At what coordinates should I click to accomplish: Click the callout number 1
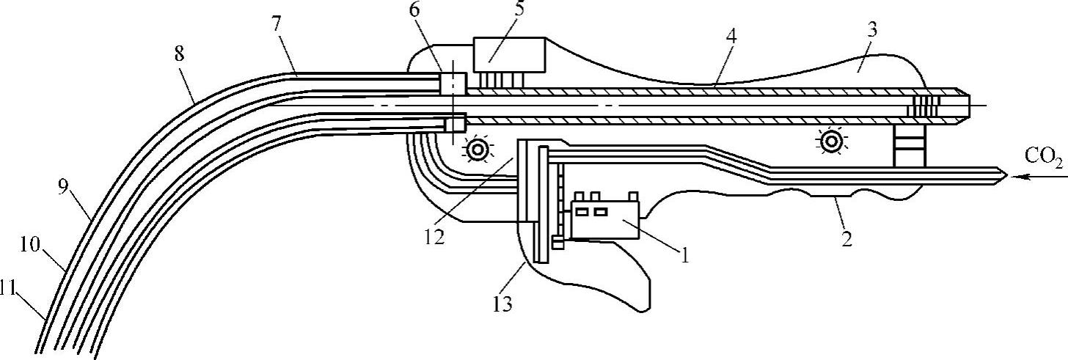click(x=684, y=256)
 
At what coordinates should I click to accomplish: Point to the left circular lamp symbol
click(x=478, y=150)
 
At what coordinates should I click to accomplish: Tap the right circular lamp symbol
click(x=831, y=141)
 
